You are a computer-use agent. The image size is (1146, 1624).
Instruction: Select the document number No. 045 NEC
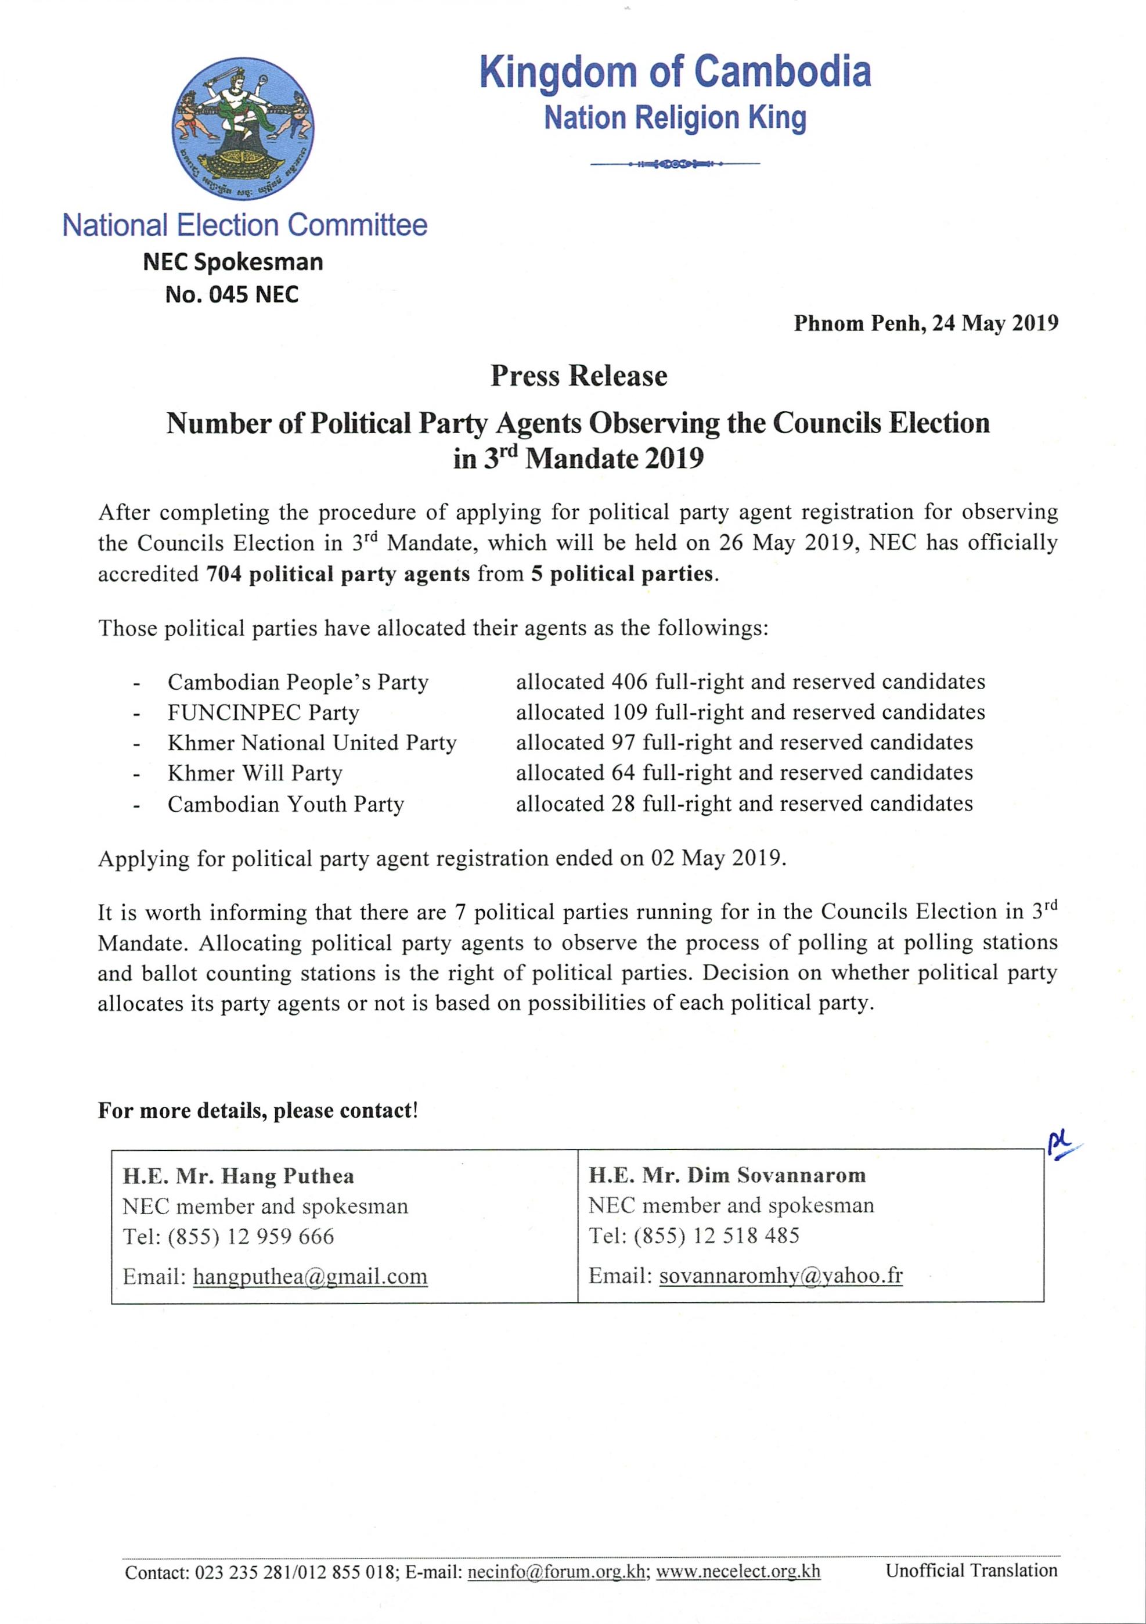(232, 294)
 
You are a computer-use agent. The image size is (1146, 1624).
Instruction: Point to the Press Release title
(579, 376)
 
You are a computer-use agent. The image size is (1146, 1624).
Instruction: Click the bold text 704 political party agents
(337, 574)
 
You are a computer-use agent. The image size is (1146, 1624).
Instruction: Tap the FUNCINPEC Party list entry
(263, 712)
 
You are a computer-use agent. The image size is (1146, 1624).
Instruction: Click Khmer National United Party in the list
(312, 743)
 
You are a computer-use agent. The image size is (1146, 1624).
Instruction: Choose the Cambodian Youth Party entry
(286, 804)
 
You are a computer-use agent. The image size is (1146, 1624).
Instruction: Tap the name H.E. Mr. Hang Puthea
(239, 1176)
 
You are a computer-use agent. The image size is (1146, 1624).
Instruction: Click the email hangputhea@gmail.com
(310, 1277)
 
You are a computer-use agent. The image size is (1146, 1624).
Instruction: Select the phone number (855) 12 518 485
(716, 1236)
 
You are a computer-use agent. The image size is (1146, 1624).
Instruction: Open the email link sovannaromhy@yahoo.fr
(780, 1276)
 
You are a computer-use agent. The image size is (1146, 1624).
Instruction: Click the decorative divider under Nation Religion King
(675, 165)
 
